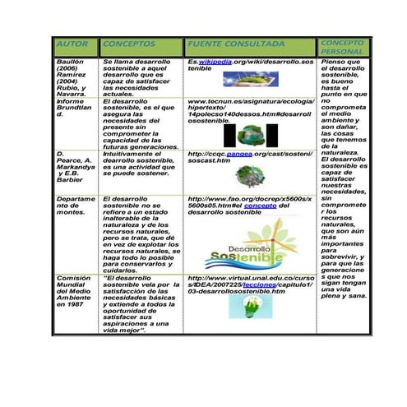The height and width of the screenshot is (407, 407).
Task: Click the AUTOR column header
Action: pyautogui.click(x=72, y=44)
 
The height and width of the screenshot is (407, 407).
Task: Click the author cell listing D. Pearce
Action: pyautogui.click(x=72, y=169)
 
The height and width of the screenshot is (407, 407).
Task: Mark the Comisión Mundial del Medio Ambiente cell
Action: pyautogui.click(x=72, y=291)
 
